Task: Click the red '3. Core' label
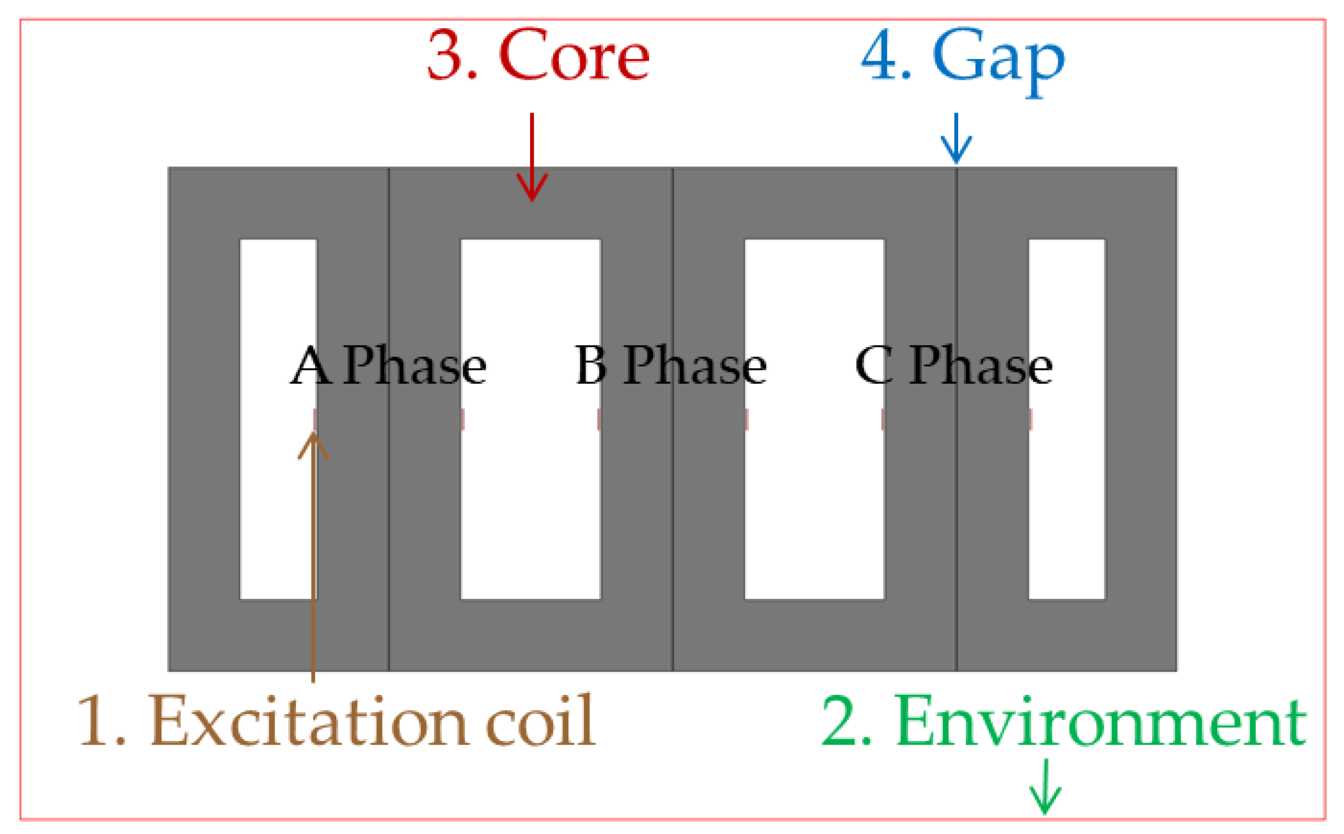[538, 56]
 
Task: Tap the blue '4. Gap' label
[964, 59]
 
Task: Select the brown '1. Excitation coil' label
[336, 721]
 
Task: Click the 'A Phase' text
[389, 366]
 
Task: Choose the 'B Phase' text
[671, 366]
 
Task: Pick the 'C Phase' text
[954, 366]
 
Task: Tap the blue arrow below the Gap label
[956, 139]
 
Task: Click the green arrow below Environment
[1045, 787]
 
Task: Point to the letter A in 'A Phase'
[310, 366]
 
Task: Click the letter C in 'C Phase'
[873, 366]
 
